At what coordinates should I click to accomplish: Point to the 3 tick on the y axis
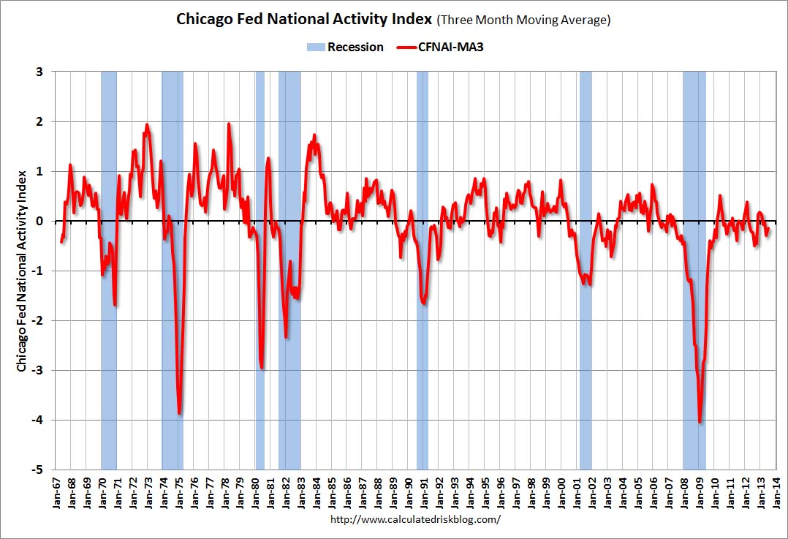39,72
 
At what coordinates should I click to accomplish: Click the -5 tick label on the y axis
37,470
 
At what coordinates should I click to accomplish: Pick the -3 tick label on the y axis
37,370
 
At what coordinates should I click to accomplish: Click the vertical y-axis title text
22,270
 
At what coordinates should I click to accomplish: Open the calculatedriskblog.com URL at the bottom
416,520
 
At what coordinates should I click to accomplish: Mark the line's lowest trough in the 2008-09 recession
700,421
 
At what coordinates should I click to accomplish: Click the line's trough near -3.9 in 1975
179,413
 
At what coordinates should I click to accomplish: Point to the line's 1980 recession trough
262,367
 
